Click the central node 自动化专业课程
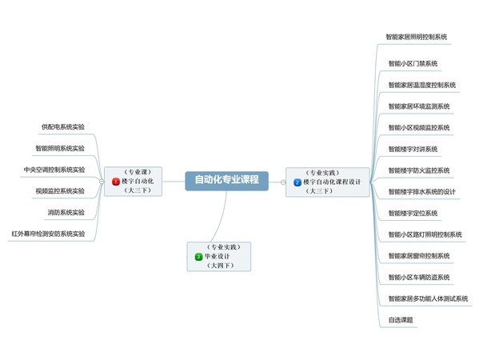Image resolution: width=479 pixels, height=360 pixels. [226, 181]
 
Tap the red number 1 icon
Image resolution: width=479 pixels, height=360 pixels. [116, 182]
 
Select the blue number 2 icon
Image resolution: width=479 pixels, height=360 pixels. [297, 182]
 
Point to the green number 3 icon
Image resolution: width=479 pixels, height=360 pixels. [198, 257]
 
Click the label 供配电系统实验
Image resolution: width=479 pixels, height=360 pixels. [63, 127]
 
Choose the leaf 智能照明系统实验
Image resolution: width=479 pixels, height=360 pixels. [60, 148]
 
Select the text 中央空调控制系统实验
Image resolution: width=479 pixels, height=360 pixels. [54, 170]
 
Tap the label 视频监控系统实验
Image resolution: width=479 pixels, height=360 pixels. [60, 191]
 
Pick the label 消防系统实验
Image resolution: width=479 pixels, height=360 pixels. [66, 212]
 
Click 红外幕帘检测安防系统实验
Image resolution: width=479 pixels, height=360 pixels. [48, 234]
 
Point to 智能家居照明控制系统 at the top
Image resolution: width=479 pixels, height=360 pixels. [417, 37]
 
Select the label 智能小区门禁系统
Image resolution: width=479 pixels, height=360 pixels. [413, 63]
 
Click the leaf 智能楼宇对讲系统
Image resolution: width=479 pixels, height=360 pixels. [413, 149]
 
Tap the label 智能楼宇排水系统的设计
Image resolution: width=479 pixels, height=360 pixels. [422, 192]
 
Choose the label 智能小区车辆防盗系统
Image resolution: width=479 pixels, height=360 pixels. [419, 278]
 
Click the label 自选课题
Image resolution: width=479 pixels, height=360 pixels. [401, 320]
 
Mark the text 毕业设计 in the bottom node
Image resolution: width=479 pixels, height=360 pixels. [217, 257]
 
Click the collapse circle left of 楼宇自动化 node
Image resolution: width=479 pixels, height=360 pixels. [102, 182]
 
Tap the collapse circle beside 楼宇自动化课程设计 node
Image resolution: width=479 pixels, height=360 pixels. [283, 182]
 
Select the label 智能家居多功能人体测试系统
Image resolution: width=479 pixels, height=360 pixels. [428, 298]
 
